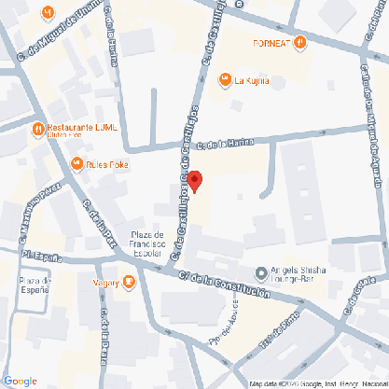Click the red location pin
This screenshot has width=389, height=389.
(194, 180)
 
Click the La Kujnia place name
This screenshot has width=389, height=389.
(252, 80)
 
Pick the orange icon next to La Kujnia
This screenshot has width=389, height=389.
(224, 79)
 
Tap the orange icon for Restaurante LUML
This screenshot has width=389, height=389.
(36, 128)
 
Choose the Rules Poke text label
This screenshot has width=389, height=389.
(107, 163)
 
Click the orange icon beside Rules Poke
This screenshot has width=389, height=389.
(77, 164)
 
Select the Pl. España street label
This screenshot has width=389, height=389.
(40, 254)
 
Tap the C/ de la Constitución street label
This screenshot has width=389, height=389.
(225, 285)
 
